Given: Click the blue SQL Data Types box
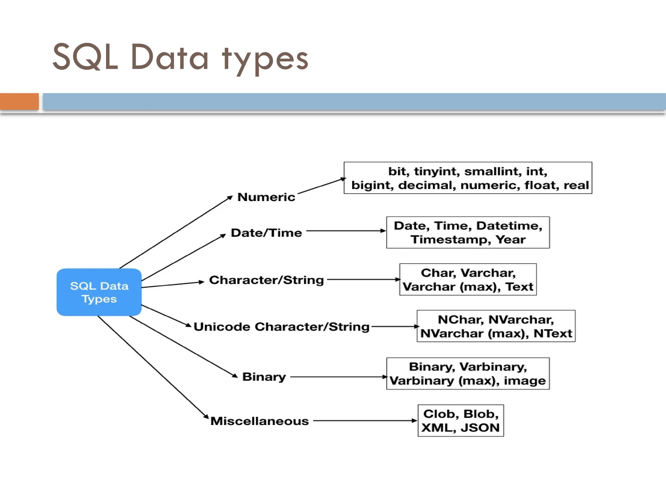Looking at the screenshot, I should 99,292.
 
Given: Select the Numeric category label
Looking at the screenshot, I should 266,197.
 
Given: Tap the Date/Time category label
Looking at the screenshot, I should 266,233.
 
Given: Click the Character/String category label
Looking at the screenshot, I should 266,280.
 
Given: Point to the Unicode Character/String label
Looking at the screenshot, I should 281,327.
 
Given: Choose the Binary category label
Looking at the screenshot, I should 264,377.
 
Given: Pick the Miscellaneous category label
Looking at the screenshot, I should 259,421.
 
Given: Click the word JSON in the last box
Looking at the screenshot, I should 480,428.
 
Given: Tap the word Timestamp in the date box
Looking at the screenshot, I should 450,240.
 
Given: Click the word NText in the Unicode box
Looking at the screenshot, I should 553,334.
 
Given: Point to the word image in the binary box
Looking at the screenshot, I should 525,381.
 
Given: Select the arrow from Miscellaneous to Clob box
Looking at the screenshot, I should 364,421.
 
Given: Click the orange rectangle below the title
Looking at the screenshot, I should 19,101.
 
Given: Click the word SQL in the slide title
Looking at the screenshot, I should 85,57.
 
